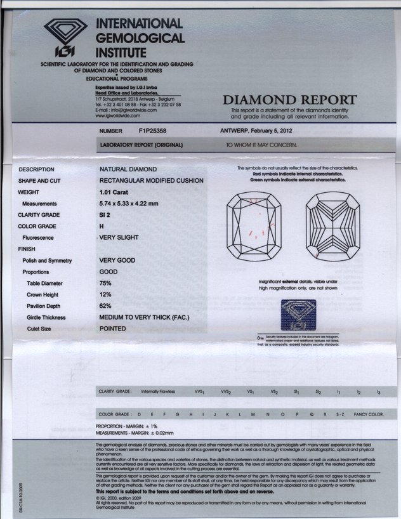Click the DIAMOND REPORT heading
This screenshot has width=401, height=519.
(289, 100)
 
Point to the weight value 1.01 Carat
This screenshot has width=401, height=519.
(118, 192)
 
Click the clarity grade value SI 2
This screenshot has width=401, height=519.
(106, 214)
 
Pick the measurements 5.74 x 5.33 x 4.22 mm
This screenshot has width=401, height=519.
(137, 203)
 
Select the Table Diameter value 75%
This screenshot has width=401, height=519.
(105, 283)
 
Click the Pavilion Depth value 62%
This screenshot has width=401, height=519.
(105, 306)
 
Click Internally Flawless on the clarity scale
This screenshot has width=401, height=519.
(158, 392)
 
